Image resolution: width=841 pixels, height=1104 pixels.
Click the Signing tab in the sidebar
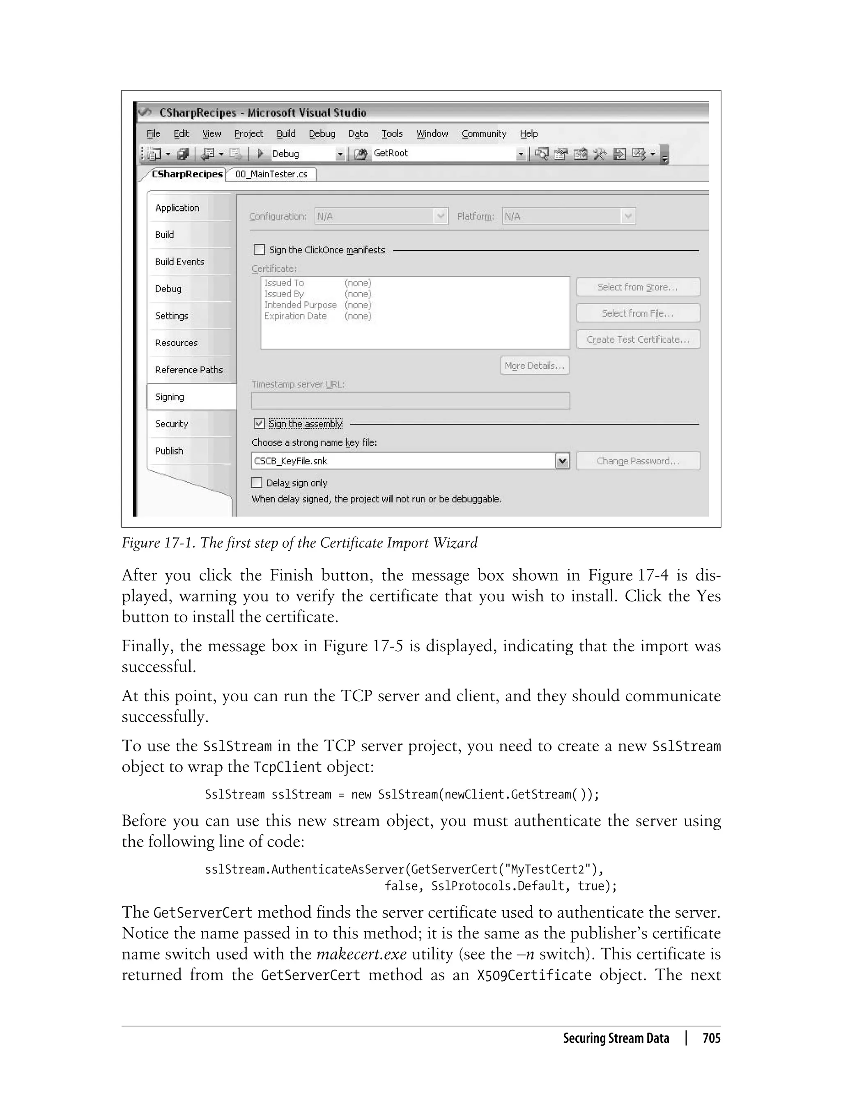[x=170, y=397]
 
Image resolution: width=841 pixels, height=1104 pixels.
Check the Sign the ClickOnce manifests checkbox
[x=259, y=250]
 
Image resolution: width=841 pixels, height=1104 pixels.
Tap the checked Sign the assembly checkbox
[x=259, y=423]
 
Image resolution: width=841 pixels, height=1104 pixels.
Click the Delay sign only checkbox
[x=257, y=482]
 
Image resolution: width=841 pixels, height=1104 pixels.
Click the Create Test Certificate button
[x=638, y=339]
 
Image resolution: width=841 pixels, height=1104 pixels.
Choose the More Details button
[x=534, y=365]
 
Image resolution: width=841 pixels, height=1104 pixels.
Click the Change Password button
[x=638, y=461]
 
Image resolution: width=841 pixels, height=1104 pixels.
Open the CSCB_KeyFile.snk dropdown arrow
[x=563, y=461]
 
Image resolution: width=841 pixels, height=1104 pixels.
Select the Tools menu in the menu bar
[x=392, y=133]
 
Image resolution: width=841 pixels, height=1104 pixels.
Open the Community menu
[x=484, y=133]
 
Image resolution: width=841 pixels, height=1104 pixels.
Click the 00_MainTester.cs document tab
[x=271, y=174]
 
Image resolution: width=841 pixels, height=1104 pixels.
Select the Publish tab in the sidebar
[x=169, y=450]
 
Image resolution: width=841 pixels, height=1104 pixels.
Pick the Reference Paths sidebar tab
[x=189, y=370]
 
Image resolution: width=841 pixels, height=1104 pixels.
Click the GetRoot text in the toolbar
[x=391, y=153]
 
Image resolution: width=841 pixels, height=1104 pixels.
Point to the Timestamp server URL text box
[x=410, y=401]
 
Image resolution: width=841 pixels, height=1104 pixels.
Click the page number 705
[x=711, y=1038]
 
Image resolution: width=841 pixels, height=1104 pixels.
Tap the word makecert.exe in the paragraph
[x=361, y=954]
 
